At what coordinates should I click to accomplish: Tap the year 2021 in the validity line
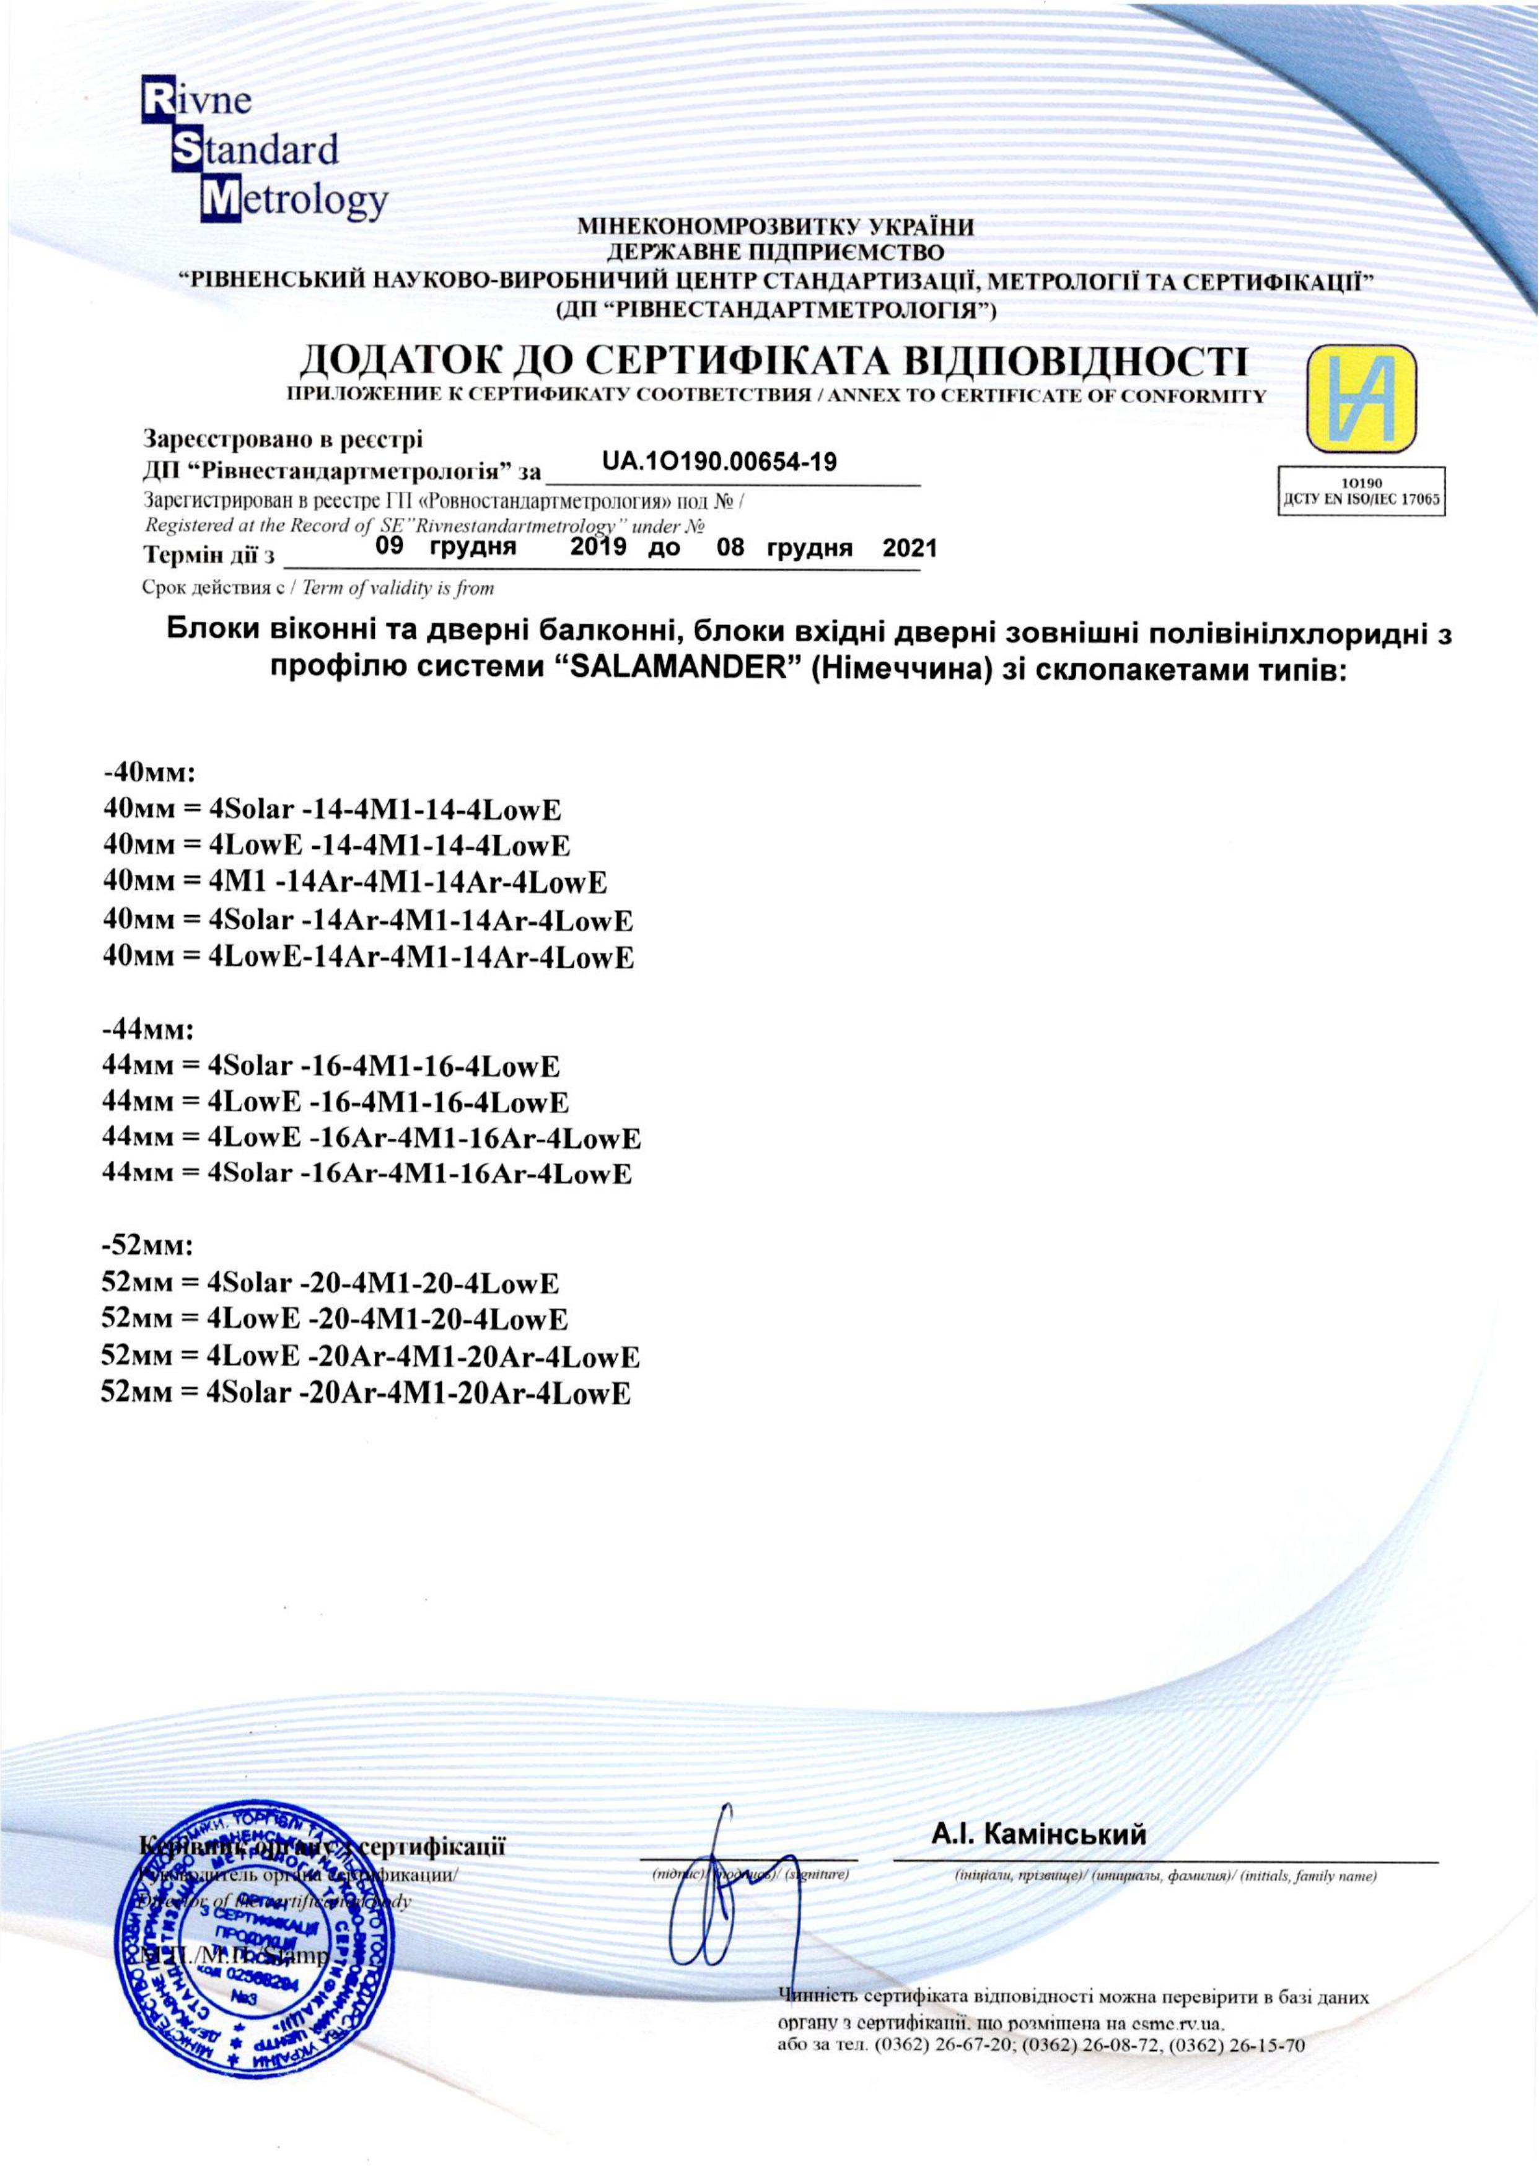[909, 548]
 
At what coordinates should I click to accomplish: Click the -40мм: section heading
[148, 773]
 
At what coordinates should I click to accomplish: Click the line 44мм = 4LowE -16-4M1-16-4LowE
[335, 1102]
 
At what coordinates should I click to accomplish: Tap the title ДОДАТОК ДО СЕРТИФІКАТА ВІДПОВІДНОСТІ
[773, 362]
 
